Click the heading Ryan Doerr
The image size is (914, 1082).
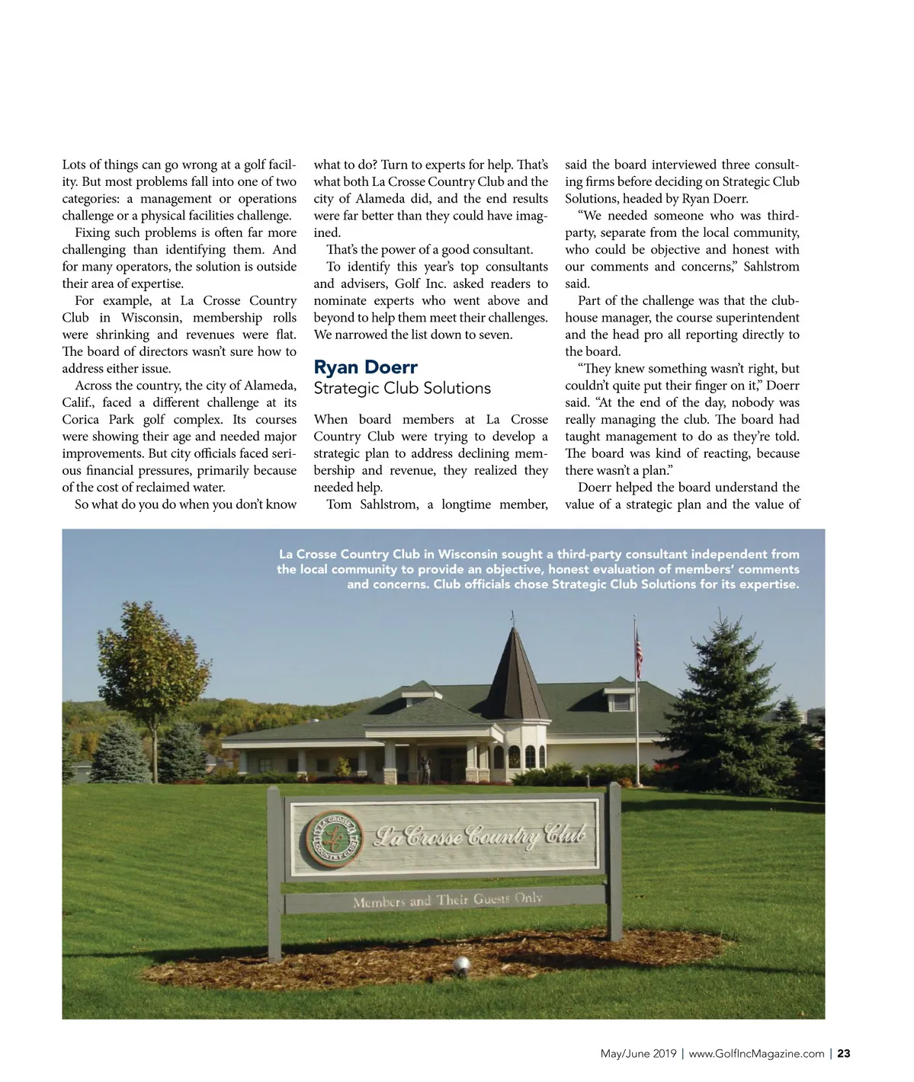pyautogui.click(x=365, y=367)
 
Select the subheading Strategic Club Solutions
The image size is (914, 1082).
pyautogui.click(x=402, y=388)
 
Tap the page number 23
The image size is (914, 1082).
pyautogui.click(x=843, y=1054)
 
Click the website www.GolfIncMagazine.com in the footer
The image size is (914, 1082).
pyautogui.click(x=756, y=1054)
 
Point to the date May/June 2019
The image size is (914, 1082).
pyautogui.click(x=638, y=1054)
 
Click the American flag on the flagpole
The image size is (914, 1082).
pyautogui.click(x=639, y=653)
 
